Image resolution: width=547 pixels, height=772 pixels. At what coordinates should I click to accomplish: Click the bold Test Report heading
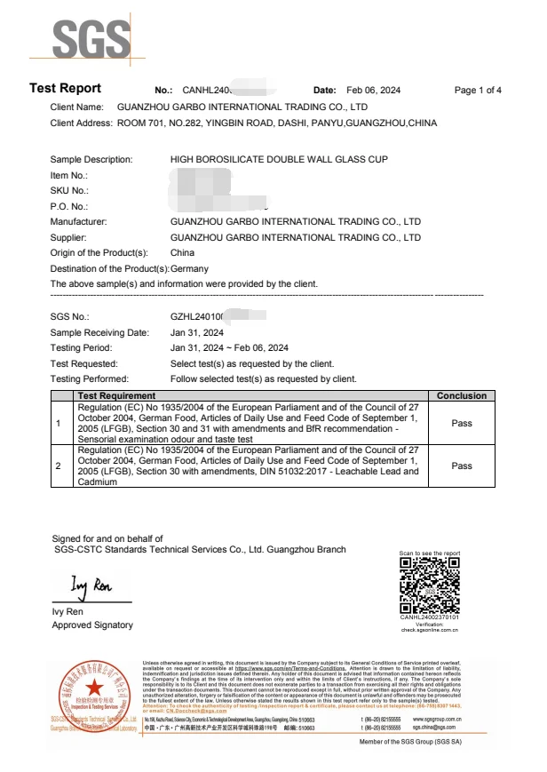coord(66,89)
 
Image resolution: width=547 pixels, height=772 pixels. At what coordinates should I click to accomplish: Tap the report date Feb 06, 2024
coord(373,91)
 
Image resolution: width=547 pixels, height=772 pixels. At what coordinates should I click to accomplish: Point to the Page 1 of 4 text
coord(478,91)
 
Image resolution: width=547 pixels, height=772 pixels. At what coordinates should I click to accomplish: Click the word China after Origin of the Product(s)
coord(182,253)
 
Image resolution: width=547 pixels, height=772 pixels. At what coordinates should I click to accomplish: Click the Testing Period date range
coord(229,348)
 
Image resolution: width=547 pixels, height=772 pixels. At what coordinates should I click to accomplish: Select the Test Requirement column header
coord(117,395)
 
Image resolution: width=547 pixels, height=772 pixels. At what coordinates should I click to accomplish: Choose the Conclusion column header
coord(462,395)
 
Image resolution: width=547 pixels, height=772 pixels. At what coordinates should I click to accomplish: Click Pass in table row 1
coord(462,424)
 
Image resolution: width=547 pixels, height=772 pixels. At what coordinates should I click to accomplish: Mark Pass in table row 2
coord(462,466)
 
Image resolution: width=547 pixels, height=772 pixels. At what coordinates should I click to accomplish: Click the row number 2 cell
coord(59,466)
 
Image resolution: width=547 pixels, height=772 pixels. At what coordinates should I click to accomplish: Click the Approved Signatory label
coord(92,625)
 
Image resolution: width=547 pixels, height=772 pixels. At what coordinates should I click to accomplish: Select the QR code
coord(429,583)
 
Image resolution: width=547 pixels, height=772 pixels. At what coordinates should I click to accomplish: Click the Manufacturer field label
coord(79,222)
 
